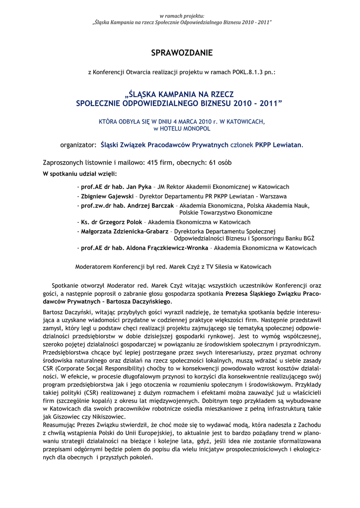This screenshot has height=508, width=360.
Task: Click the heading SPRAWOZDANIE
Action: (182, 53)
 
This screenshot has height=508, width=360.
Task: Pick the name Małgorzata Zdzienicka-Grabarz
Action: (125, 231)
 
